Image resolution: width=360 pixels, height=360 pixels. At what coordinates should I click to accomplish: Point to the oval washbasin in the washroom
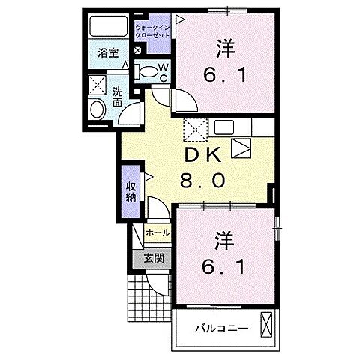tap(97, 109)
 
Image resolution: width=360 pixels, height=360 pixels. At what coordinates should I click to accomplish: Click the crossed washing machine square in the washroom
tap(97, 84)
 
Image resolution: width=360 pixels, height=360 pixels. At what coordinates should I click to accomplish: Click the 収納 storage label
tap(130, 191)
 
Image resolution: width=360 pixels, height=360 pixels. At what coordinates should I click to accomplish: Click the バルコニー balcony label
tap(216, 328)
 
